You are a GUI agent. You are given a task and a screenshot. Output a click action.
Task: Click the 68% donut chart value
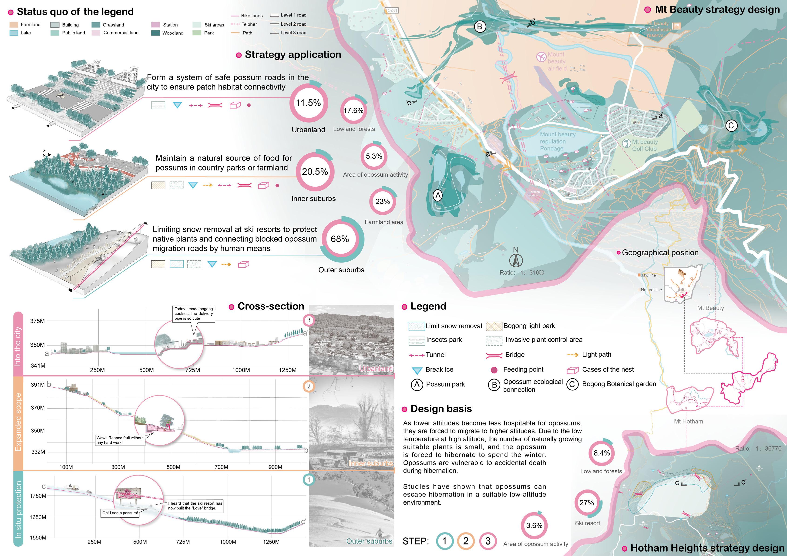(x=340, y=239)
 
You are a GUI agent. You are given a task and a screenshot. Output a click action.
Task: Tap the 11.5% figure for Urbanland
(x=308, y=103)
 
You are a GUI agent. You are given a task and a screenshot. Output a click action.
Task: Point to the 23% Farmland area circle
(x=383, y=201)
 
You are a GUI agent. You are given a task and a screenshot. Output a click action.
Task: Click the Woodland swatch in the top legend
(x=156, y=33)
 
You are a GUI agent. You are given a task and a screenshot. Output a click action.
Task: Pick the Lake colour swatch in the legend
(x=14, y=33)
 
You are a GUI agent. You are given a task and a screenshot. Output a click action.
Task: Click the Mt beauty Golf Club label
(x=644, y=145)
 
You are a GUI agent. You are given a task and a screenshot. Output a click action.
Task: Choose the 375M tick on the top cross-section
(x=37, y=321)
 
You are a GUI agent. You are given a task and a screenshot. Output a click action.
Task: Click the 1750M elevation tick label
(x=37, y=496)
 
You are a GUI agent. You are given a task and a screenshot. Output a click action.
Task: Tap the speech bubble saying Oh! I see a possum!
(x=120, y=513)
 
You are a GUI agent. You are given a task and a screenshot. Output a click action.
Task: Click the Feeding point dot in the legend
(x=494, y=370)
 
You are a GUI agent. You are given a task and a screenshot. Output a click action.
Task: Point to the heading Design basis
(x=441, y=409)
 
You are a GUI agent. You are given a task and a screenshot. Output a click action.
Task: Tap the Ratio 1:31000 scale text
(x=522, y=273)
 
